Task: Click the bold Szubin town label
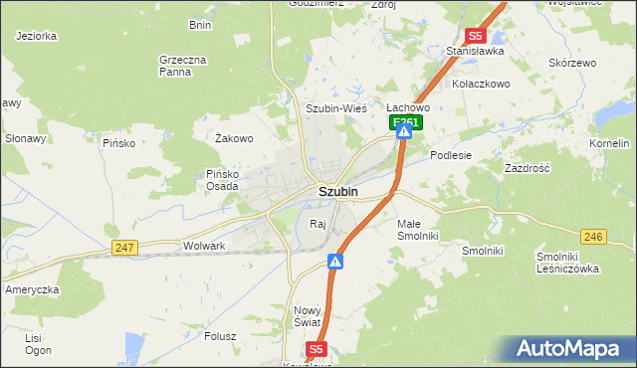pos(338,190)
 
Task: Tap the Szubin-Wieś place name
pos(336,107)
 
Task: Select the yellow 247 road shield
pos(124,247)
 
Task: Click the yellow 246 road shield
pos(594,236)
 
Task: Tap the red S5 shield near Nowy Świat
pos(317,349)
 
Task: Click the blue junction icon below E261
pos(405,130)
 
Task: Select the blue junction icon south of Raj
pos(336,263)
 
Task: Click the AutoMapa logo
pos(568,349)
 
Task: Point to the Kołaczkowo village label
pos(480,84)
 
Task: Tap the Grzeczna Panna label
pos(182,65)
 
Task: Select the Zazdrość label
pos(528,168)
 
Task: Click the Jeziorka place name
pos(36,35)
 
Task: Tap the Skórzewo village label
pos(572,62)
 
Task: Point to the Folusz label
pos(219,336)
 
